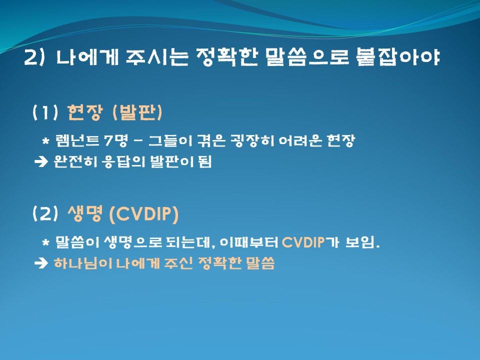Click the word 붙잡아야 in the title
coord(398,57)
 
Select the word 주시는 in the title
coord(156,57)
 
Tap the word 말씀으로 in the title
coord(307,57)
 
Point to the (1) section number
coord(45,112)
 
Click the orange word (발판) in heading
coord(137,112)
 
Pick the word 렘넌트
coord(77,141)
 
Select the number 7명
coord(115,141)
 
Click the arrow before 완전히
coord(41,161)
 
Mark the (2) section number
coord(45,213)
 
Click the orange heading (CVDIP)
coord(143,213)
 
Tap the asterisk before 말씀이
coord(45,243)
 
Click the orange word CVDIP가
coord(310,242)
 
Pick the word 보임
coord(362,242)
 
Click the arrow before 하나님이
coord(41,263)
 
